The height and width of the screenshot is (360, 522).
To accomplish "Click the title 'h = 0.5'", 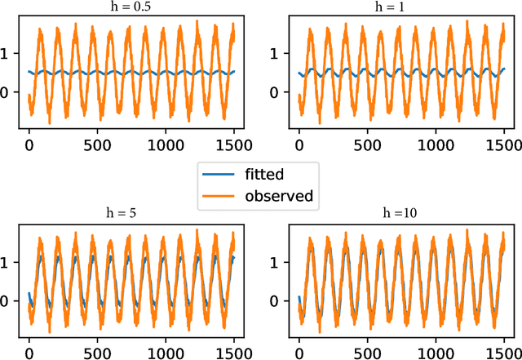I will (x=130, y=7).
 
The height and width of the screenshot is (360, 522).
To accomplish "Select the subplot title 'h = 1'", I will (x=400, y=7).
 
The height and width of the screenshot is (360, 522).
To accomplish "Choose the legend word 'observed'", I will (x=280, y=196).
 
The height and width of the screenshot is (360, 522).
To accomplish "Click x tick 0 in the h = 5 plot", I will (x=30, y=356).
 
